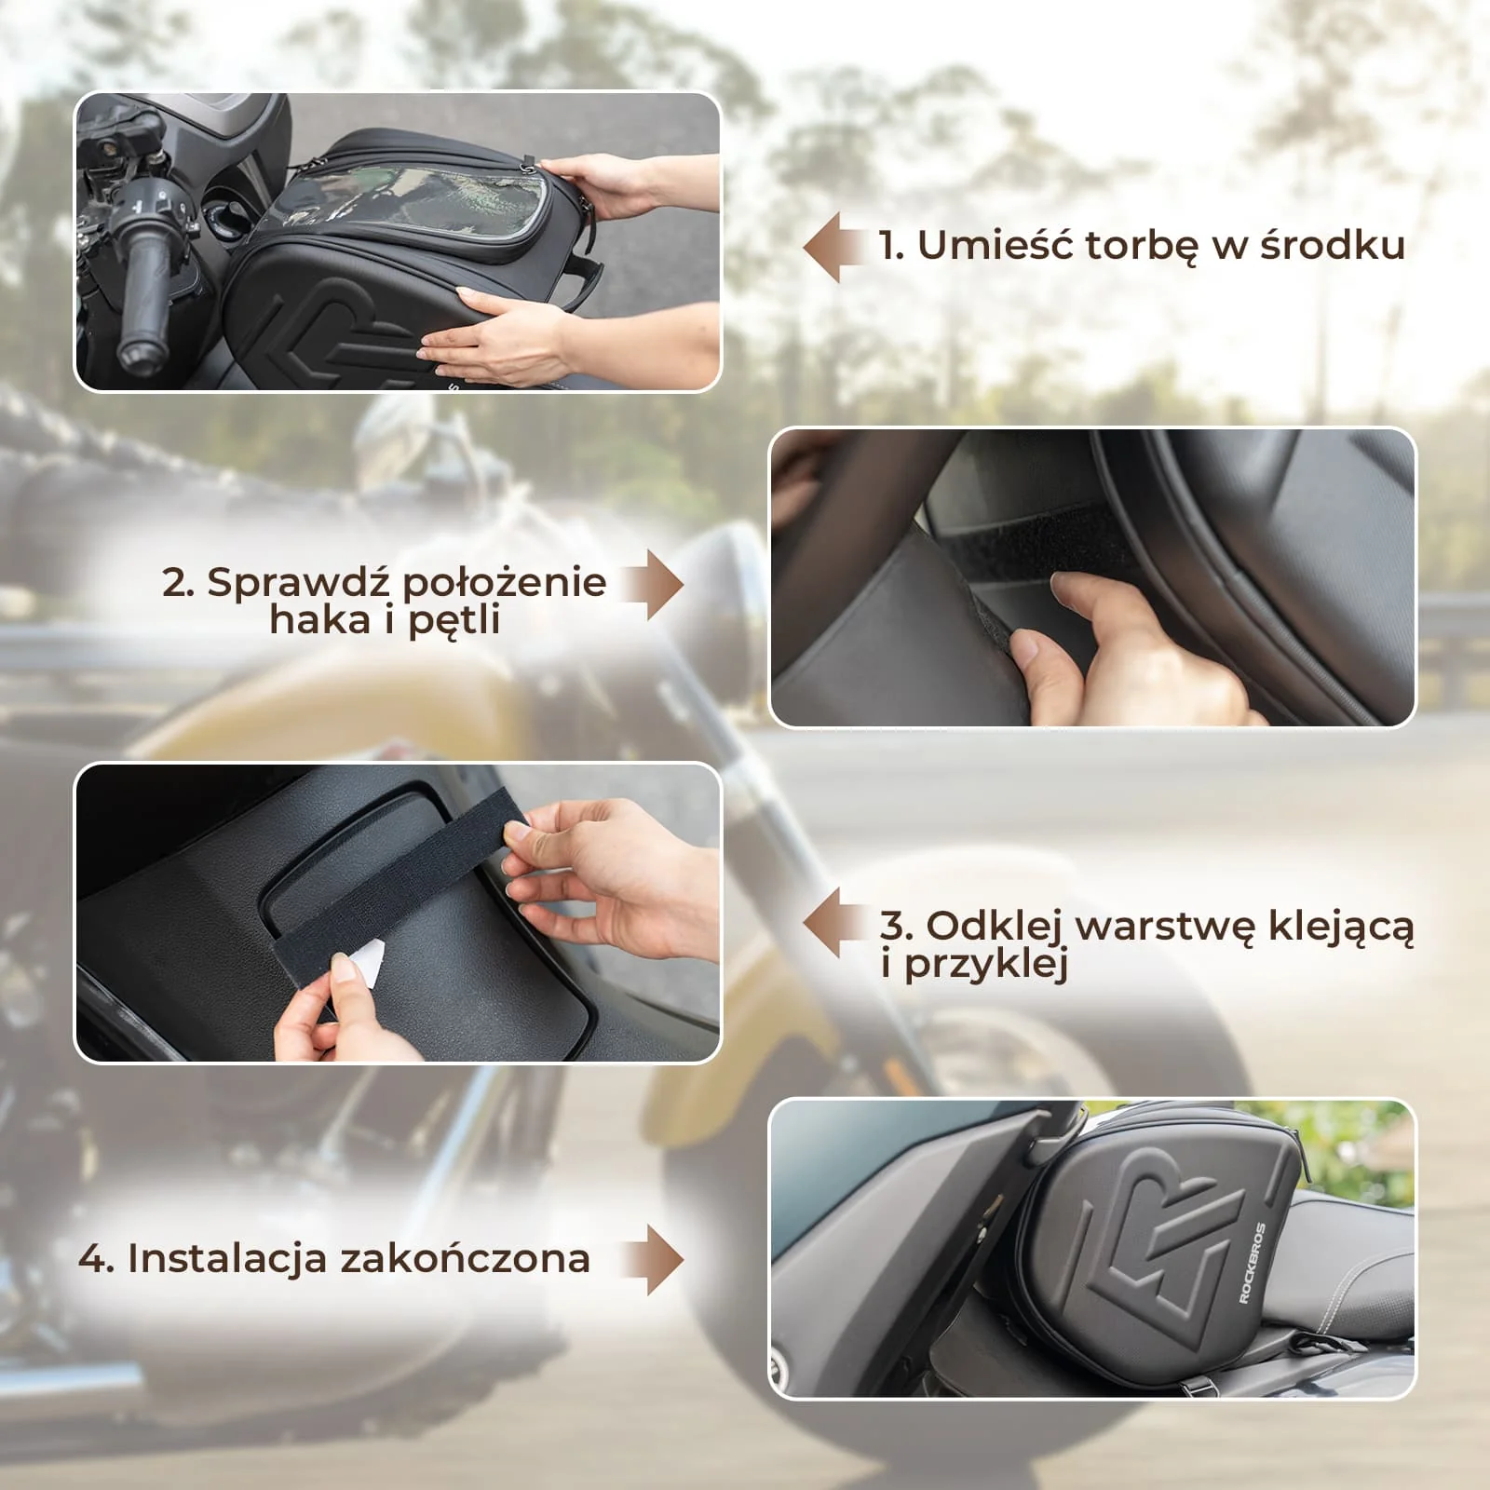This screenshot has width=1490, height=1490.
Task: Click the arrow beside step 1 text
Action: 835,247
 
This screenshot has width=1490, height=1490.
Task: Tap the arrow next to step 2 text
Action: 654,585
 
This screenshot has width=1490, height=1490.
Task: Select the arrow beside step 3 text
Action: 835,923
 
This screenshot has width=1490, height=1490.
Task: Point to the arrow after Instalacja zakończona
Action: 654,1260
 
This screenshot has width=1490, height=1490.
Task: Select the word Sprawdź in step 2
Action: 297,583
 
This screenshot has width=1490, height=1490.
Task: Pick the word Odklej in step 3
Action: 996,926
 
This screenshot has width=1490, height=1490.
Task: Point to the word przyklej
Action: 985,965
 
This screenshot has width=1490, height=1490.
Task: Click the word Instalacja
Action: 227,1258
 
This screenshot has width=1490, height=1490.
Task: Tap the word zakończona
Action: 465,1258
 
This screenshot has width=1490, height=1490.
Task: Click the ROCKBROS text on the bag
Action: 1253,1263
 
